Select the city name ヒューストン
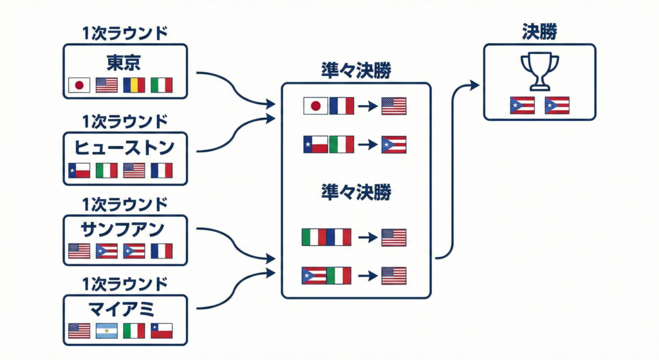[x=124, y=147]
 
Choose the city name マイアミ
[x=124, y=310]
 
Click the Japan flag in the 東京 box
[x=79, y=84]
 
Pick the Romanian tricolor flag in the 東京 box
[x=135, y=84]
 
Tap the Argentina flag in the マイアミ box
[x=107, y=331]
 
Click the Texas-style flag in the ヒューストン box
[x=79, y=170]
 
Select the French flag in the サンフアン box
[x=162, y=251]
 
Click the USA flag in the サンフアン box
[x=79, y=251]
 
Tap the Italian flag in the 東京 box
[x=162, y=84]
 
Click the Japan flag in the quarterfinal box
[x=315, y=106]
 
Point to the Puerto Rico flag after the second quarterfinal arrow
[x=393, y=144]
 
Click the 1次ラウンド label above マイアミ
[x=124, y=284]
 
